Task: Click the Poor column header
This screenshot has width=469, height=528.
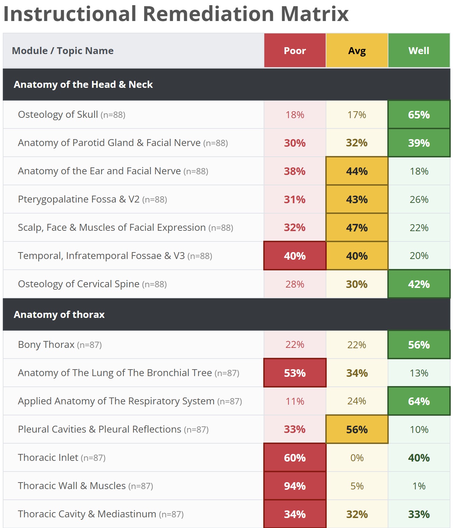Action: coord(295,50)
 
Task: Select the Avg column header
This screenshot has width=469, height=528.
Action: coord(357,50)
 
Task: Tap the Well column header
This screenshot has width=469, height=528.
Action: coord(419,50)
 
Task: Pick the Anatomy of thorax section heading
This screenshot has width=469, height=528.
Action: coord(59,314)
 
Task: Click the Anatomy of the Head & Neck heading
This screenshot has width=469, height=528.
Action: coord(83,84)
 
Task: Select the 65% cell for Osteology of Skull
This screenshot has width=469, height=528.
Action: coord(419,114)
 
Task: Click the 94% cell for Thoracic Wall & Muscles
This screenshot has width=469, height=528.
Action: coord(295,486)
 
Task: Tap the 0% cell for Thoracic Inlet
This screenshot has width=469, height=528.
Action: coord(357,458)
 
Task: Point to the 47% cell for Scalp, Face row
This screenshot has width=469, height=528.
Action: coord(357,228)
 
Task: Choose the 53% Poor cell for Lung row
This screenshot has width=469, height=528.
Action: coord(295,373)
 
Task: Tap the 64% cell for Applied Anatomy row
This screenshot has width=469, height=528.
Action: coord(419,401)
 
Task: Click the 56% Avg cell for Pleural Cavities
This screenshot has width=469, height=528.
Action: coord(357,429)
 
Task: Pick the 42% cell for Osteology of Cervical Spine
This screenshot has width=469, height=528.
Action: coord(419,284)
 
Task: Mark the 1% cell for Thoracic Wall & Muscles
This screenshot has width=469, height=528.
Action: coord(419,486)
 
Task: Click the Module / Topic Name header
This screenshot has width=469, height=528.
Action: coord(63,51)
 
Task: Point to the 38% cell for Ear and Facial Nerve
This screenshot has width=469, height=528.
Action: coord(295,171)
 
